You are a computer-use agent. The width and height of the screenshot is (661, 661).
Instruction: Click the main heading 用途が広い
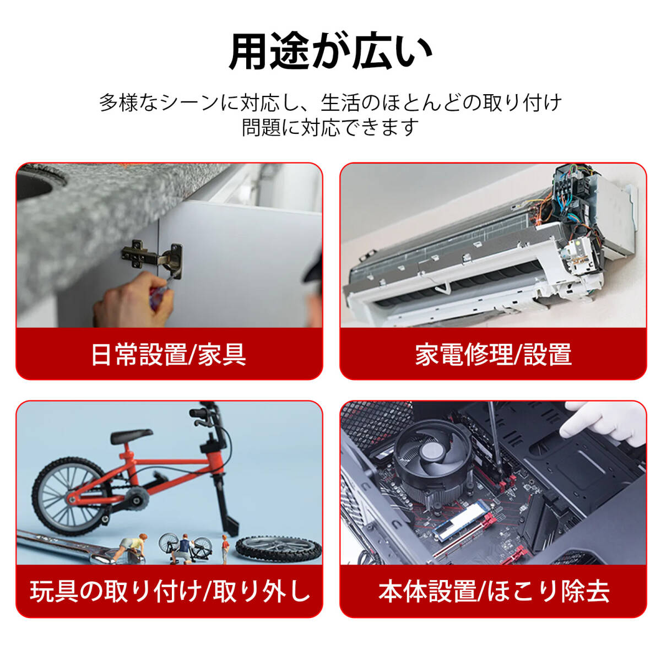tap(330, 52)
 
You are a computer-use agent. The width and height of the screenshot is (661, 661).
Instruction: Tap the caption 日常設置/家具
tap(169, 354)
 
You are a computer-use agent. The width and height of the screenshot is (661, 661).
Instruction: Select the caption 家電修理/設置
tap(493, 354)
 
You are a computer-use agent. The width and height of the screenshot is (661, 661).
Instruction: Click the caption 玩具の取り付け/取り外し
tap(170, 591)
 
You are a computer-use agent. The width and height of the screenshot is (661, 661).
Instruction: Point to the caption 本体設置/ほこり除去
tap(494, 591)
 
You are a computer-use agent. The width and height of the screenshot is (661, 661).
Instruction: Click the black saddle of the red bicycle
tap(131, 436)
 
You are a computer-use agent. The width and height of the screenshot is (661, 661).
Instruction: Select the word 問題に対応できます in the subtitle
tap(330, 128)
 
